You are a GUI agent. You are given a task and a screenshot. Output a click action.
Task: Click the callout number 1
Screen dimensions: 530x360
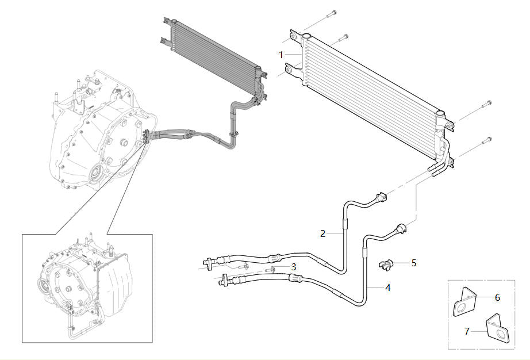[281, 55]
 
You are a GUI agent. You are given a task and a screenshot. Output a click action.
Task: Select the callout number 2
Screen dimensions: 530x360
[323, 233]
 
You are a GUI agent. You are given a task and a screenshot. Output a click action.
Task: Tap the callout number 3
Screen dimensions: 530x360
[293, 267]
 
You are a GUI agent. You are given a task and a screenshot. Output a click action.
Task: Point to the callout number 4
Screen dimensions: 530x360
[387, 288]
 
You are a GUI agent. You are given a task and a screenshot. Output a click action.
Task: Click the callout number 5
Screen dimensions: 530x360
[414, 263]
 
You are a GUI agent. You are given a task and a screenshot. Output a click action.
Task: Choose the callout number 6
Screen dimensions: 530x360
[497, 297]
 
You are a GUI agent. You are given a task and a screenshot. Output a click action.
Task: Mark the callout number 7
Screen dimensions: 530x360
[467, 331]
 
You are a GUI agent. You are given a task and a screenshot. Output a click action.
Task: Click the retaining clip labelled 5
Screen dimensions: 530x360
[386, 264]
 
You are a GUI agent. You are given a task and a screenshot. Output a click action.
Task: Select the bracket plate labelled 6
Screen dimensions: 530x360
[464, 302]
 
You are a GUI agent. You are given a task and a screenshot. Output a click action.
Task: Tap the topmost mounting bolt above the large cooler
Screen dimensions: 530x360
[332, 14]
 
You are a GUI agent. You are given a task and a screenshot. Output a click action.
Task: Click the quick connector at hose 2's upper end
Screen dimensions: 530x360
[381, 197]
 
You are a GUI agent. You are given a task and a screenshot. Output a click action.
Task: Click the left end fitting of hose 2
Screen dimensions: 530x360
[208, 262]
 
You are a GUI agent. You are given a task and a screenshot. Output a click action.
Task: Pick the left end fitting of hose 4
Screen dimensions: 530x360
[225, 280]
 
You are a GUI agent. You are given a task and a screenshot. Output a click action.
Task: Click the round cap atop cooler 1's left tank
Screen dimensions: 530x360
[306, 36]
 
